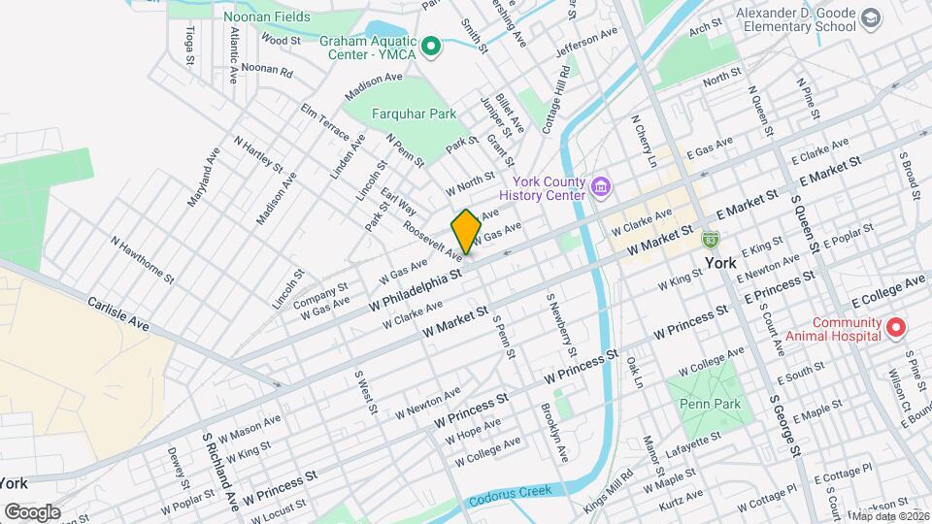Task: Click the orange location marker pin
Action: click(x=466, y=231)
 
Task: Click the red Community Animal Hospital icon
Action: click(x=897, y=328)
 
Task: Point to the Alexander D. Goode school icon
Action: click(x=871, y=18)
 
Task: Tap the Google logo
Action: click(x=32, y=511)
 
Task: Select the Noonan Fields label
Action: click(x=266, y=16)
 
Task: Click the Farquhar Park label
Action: click(x=415, y=114)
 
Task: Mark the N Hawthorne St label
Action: click(x=142, y=259)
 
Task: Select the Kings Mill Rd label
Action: click(x=608, y=487)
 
